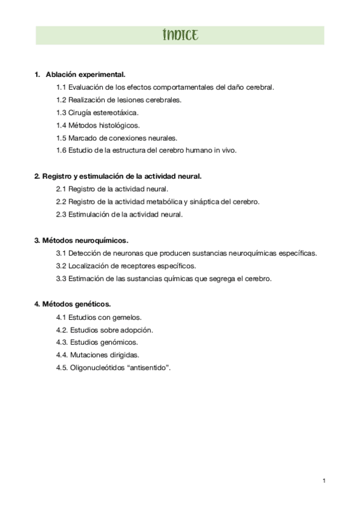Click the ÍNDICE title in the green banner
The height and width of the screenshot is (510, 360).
point(180,35)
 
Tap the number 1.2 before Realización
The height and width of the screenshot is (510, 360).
point(61,99)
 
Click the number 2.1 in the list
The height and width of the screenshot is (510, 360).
point(61,189)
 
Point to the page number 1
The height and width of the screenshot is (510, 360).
point(324,480)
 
